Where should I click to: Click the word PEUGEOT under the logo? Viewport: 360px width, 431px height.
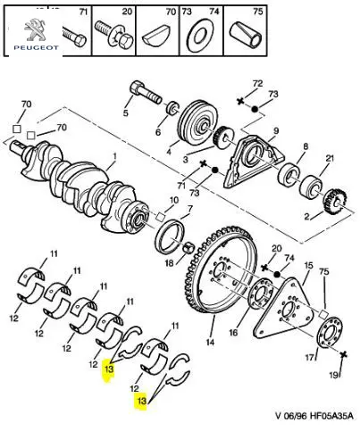(x=37, y=47)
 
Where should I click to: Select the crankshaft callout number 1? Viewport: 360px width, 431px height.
(x=114, y=156)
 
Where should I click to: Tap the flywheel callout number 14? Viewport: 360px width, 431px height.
(x=210, y=342)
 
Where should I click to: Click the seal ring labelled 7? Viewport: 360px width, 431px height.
(x=170, y=236)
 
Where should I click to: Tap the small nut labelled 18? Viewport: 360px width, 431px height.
(x=188, y=247)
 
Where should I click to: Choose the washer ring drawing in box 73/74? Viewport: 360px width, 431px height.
(x=197, y=36)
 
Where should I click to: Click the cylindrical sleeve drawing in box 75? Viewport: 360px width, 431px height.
(x=247, y=35)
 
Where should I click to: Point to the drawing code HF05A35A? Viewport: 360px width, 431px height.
(x=331, y=415)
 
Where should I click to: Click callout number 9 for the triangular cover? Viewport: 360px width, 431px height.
(x=276, y=130)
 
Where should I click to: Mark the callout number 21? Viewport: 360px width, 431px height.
(x=330, y=159)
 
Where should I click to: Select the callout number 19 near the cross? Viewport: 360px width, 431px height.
(x=334, y=375)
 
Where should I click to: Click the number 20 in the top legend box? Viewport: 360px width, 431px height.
(x=127, y=12)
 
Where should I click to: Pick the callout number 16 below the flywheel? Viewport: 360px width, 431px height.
(x=233, y=332)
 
